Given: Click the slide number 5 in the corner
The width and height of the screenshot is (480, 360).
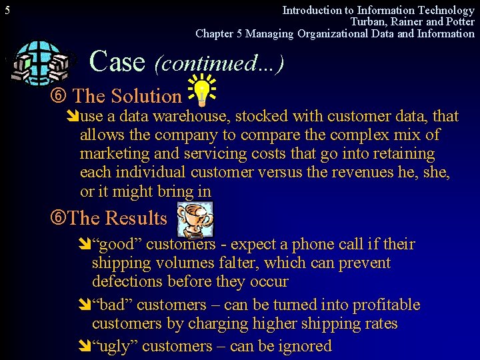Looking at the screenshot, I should (7, 11).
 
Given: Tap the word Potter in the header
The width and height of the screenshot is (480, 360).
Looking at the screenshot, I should (459, 22).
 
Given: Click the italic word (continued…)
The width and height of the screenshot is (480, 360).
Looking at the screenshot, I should (219, 63).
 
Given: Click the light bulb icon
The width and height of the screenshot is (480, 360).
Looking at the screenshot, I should (201, 92).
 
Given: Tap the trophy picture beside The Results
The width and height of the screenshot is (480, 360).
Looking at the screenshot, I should (195, 218).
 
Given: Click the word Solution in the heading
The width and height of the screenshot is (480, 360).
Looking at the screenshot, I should (146, 97).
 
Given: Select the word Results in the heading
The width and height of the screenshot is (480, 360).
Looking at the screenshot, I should (136, 218).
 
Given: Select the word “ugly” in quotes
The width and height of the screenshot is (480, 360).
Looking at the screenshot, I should (115, 346).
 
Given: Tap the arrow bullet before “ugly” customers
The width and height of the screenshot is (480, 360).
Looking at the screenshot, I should (85, 347).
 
